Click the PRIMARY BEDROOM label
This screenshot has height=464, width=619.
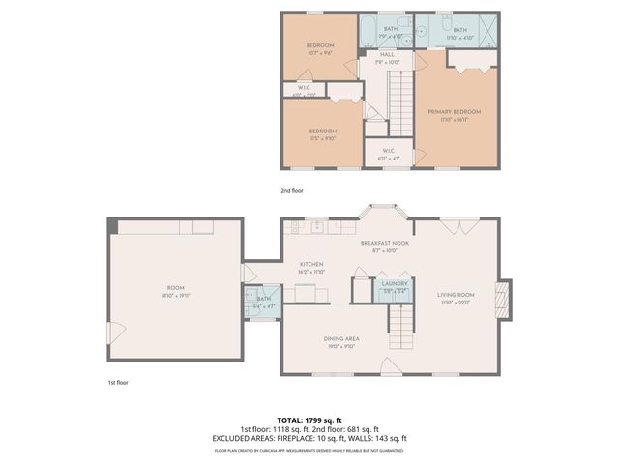click(455, 112)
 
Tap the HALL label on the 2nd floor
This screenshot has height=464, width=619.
click(387, 54)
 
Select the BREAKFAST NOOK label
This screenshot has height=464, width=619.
click(385, 243)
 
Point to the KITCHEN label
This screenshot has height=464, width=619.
click(310, 264)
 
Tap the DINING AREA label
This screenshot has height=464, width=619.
click(341, 338)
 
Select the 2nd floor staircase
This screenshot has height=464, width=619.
click(399, 101)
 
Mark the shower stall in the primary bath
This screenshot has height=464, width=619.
click(486, 33)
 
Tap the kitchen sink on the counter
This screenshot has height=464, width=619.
click(316, 228)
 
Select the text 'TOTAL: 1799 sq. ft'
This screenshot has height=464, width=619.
click(309, 421)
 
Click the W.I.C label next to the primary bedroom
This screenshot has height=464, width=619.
click(388, 150)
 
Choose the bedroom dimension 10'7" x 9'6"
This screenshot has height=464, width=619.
click(320, 54)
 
